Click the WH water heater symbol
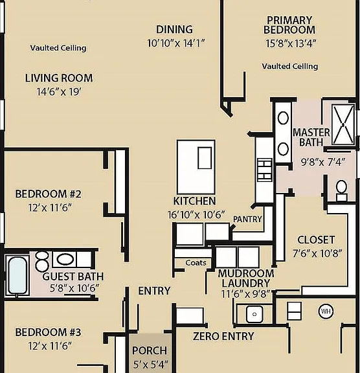pyautogui.click(x=326, y=311)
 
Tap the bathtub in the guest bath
pyautogui.click(x=17, y=275)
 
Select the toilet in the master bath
pyautogui.click(x=341, y=191)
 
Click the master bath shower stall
pyautogui.click(x=343, y=124)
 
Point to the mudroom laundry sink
pyautogui.click(x=254, y=314)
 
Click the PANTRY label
pyautogui.click(x=247, y=219)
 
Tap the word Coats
pyautogui.click(x=196, y=263)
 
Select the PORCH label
pyautogui.click(x=150, y=350)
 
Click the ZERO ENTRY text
pyautogui.click(x=223, y=336)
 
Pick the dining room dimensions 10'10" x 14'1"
pyautogui.click(x=176, y=43)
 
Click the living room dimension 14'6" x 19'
pyautogui.click(x=59, y=92)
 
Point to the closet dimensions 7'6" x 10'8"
pyautogui.click(x=317, y=254)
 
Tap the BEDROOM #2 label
pyautogui.click(x=49, y=194)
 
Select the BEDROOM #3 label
pyautogui.click(x=49, y=332)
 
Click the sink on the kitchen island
pyautogui.click(x=205, y=158)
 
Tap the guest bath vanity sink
pyautogui.click(x=65, y=259)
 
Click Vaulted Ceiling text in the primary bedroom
pyautogui.click(x=290, y=66)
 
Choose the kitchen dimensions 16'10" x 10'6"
pyautogui.click(x=196, y=215)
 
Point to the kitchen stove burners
pyautogui.click(x=265, y=170)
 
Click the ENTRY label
pyautogui.click(x=154, y=291)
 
